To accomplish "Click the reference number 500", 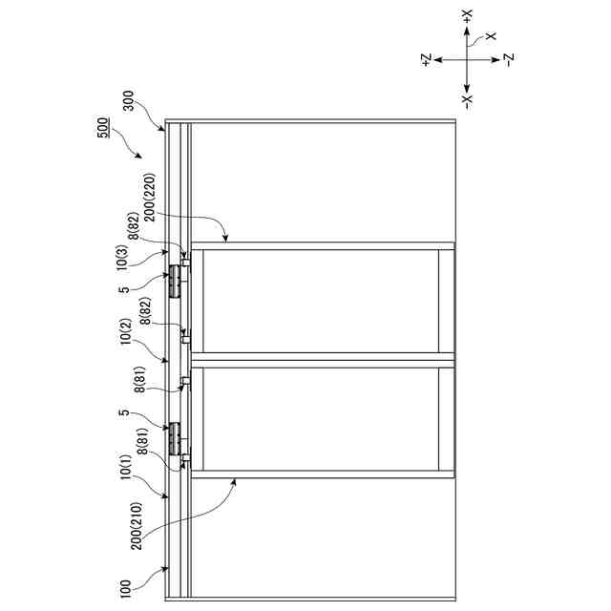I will click(x=102, y=130).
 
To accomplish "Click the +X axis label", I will click(x=466, y=16).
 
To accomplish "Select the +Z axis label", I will click(x=426, y=59).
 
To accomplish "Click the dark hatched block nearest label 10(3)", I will click(x=174, y=282).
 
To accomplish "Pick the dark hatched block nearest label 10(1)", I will click(x=174, y=437).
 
